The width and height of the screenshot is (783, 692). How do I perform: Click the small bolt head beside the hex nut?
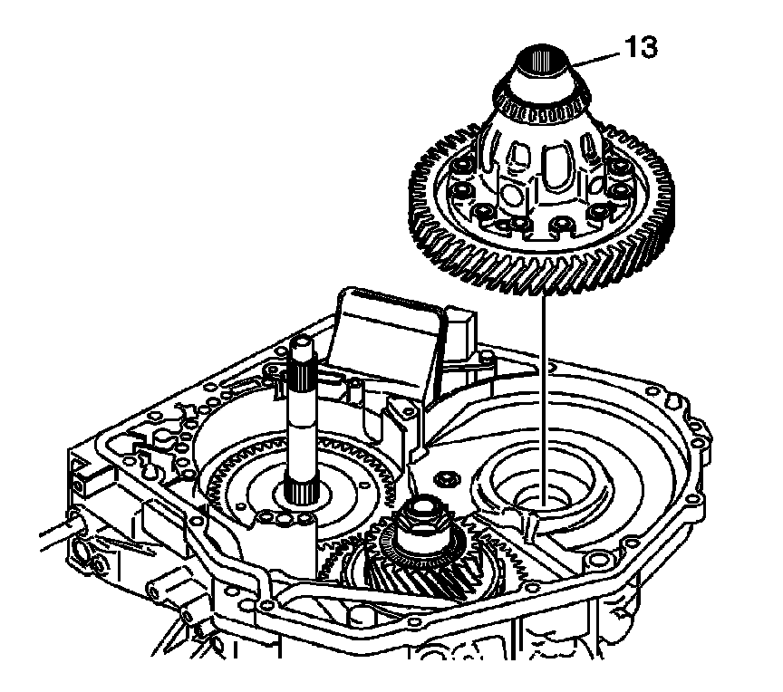(444, 477)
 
